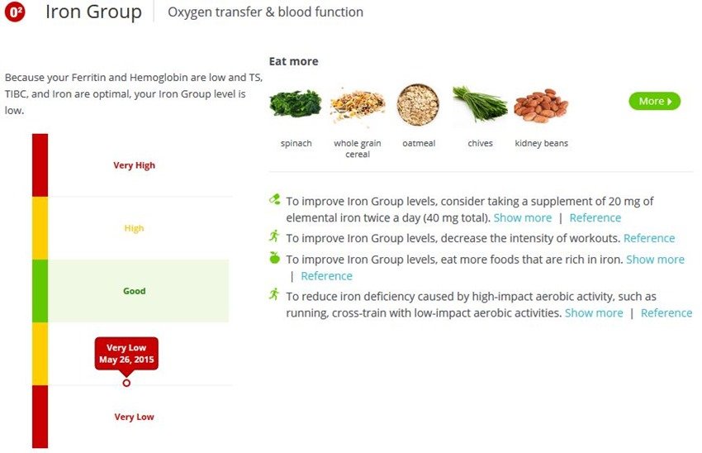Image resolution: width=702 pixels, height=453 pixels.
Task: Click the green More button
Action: click(654, 101)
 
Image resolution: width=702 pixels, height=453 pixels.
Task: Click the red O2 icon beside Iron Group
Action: click(15, 13)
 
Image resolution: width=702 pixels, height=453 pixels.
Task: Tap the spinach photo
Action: click(295, 103)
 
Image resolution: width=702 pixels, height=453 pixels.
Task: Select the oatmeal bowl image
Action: click(418, 105)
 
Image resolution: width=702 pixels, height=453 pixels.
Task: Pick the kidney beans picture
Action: click(540, 106)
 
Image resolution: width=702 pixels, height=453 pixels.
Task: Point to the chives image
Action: click(479, 105)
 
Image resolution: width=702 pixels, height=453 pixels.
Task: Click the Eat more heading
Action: click(293, 61)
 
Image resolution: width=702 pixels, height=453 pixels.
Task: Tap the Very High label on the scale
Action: click(134, 165)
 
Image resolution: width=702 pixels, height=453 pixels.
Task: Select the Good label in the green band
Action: click(134, 291)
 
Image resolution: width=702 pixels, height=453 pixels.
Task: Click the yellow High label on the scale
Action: click(134, 228)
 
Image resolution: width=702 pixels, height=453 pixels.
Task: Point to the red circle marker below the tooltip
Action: click(126, 383)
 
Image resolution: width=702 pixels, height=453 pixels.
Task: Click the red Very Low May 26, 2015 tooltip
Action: click(126, 353)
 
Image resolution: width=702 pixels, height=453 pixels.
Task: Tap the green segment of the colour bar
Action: click(40, 291)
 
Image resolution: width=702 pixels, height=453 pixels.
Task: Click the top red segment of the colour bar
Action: click(40, 165)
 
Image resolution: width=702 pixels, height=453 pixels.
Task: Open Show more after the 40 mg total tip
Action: click(522, 218)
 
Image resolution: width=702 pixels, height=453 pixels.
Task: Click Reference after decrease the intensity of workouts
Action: click(649, 238)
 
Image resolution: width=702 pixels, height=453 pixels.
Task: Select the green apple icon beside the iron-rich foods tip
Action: click(275, 258)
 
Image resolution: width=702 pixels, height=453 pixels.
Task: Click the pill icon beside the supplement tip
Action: click(275, 199)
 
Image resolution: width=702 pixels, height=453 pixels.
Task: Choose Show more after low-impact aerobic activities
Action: click(594, 313)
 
